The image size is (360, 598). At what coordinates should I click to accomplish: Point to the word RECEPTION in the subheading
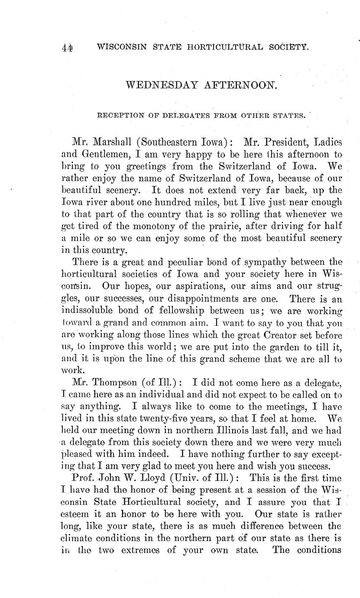[x=118, y=116]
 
